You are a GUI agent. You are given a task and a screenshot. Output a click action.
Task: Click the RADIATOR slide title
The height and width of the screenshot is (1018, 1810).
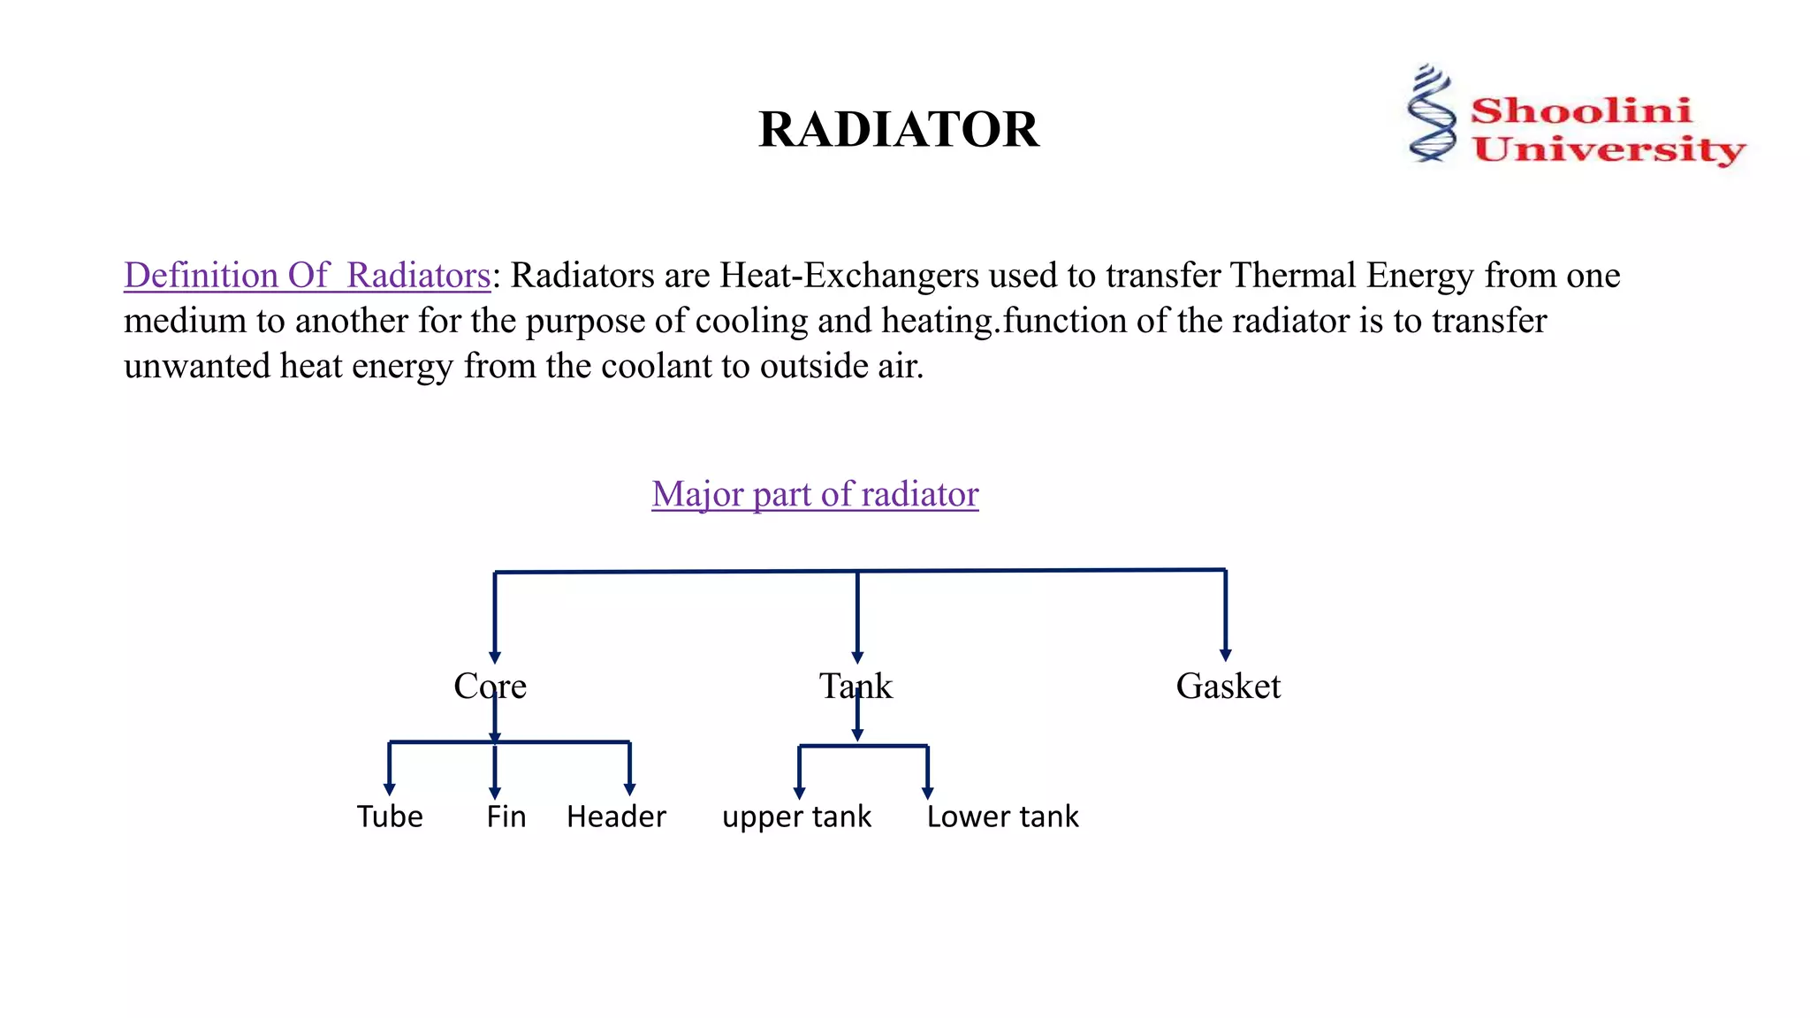click(x=899, y=129)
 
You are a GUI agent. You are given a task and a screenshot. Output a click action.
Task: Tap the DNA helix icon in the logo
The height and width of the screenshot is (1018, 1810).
click(x=1431, y=113)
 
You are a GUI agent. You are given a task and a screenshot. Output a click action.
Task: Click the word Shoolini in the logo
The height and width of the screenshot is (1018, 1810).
click(x=1580, y=110)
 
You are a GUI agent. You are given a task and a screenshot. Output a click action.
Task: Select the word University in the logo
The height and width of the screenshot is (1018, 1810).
click(x=1608, y=148)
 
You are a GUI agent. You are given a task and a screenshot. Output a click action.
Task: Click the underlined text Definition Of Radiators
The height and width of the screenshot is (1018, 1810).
click(x=307, y=275)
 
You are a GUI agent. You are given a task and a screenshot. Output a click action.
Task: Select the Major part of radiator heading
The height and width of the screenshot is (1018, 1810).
click(x=815, y=494)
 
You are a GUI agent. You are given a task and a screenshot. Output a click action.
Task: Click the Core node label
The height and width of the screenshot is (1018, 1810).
click(x=490, y=686)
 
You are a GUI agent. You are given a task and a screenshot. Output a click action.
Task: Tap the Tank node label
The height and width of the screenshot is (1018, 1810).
click(x=856, y=686)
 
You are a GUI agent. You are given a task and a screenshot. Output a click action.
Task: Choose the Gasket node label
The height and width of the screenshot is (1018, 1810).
click(x=1228, y=686)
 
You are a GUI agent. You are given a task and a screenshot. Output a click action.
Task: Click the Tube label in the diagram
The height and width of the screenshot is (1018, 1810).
click(x=390, y=816)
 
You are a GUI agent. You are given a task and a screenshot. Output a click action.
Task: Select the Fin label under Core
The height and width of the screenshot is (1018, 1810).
click(x=506, y=816)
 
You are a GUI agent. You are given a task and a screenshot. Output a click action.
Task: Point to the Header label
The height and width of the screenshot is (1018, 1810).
click(x=616, y=816)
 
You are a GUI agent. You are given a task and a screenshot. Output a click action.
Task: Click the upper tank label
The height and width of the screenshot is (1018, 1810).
click(x=796, y=817)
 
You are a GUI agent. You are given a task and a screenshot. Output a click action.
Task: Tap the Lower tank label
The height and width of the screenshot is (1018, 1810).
click(x=1002, y=816)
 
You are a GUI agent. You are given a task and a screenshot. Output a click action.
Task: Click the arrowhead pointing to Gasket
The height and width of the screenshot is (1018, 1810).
click(x=1225, y=655)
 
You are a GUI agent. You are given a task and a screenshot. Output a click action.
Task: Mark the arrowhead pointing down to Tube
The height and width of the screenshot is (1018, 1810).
click(x=390, y=789)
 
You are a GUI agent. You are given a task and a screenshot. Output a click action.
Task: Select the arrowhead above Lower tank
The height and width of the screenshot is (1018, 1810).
click(x=927, y=793)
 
